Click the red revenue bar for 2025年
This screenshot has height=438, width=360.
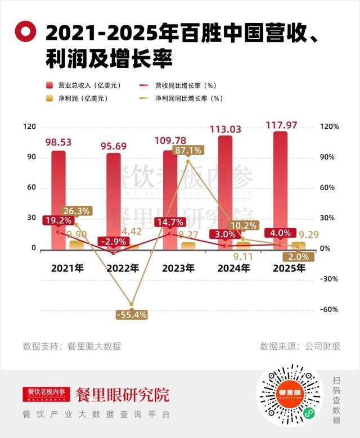coord(280,186)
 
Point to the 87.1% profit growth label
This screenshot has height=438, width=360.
coord(188,151)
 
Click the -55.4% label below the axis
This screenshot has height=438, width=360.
coord(131,315)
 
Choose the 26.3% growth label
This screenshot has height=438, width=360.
coord(75,211)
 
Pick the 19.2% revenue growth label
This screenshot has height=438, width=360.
coord(57,221)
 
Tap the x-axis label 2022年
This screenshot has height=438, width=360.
coord(123,268)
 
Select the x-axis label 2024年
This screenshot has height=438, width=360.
coord(233,268)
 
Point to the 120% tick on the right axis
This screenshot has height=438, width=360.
coord(329,127)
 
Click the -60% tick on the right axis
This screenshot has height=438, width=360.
coord(329,309)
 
